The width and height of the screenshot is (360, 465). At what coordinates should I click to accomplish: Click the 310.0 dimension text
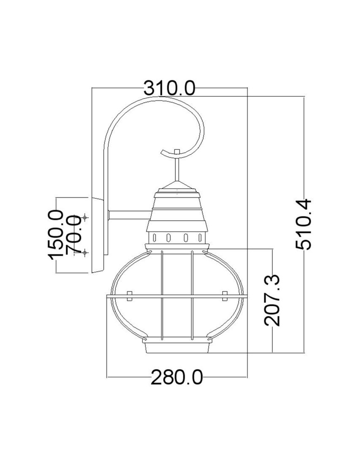click(169, 87)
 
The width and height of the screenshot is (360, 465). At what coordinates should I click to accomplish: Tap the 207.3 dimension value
click(271, 300)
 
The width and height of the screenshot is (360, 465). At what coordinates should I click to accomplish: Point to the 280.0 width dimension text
click(177, 377)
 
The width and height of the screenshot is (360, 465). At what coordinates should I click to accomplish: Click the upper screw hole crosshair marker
click(85, 217)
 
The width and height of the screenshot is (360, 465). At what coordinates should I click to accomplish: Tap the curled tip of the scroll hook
click(162, 152)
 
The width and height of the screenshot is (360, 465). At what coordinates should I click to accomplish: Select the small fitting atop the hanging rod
click(177, 152)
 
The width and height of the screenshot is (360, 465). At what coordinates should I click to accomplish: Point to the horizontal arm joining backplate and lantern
click(129, 215)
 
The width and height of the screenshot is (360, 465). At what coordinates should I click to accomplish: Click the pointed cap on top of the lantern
click(177, 186)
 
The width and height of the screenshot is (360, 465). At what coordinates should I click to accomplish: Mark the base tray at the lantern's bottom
click(177, 348)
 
